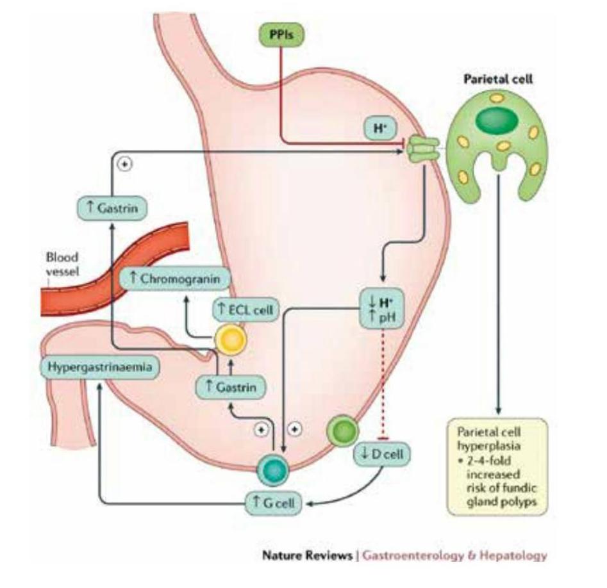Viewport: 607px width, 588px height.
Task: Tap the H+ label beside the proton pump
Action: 377,128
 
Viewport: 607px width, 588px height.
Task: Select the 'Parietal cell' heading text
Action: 498,81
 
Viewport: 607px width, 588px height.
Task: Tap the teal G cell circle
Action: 272,471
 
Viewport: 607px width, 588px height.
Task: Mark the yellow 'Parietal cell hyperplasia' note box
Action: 497,466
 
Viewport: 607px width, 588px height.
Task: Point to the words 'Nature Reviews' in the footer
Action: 306,555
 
